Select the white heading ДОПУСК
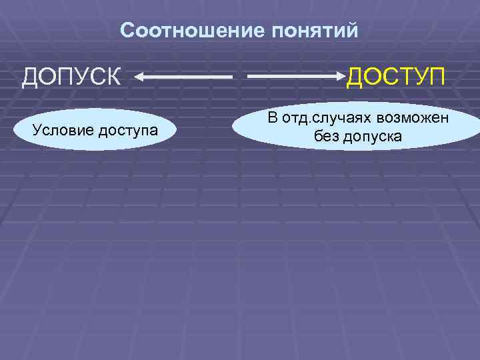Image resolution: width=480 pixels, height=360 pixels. coord(72,77)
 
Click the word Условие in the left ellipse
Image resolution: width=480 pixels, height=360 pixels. coord(63,129)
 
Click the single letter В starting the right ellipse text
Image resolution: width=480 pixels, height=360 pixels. coord(272,119)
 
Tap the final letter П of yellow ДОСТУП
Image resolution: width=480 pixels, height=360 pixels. coord(435,77)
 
